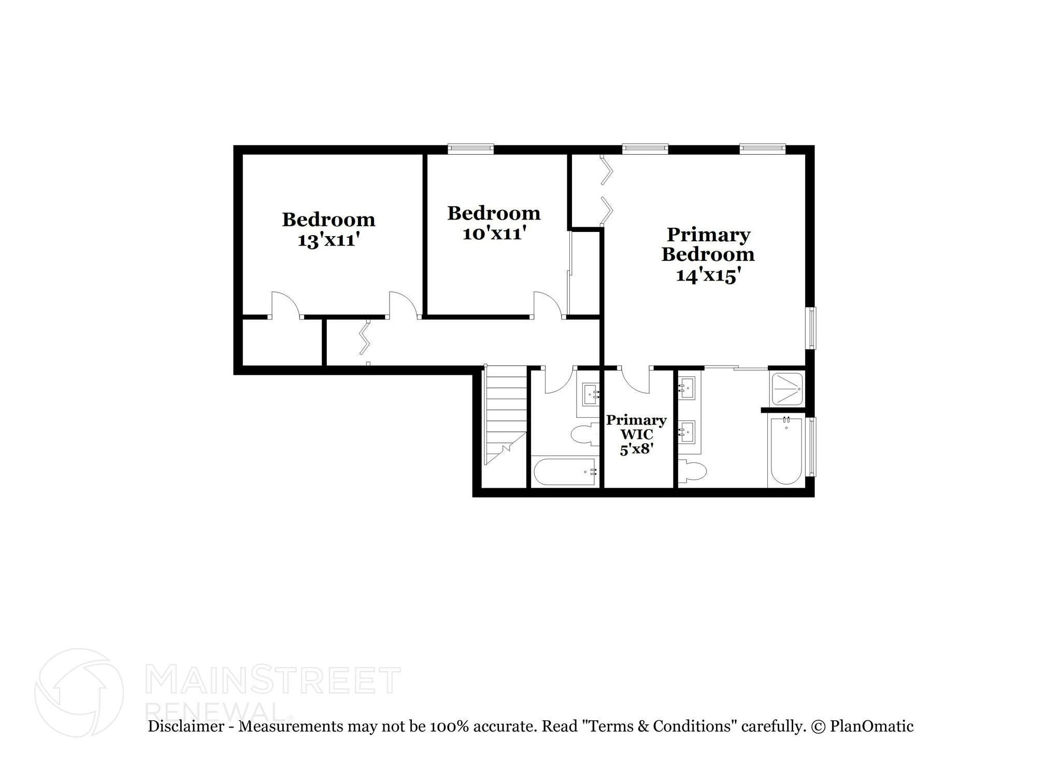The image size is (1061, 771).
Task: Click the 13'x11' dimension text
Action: click(x=328, y=240)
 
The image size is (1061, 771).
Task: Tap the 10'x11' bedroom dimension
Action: click(x=494, y=234)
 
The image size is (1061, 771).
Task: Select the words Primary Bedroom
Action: click(x=708, y=244)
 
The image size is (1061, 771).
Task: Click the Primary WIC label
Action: click(x=636, y=427)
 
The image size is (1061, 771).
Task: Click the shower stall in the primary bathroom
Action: click(x=787, y=389)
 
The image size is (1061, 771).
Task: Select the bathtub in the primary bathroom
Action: click(x=786, y=450)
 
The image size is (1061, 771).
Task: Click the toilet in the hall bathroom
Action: click(x=585, y=434)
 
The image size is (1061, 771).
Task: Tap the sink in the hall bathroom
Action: click(x=591, y=395)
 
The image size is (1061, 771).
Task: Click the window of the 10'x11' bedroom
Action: click(x=470, y=149)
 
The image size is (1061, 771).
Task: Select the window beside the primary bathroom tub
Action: click(x=812, y=447)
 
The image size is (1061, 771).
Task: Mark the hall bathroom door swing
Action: click(x=558, y=381)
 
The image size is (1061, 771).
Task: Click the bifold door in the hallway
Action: click(x=366, y=338)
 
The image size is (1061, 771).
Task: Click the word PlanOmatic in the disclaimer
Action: click(x=871, y=726)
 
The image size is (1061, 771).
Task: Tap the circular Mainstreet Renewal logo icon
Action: click(x=79, y=692)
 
